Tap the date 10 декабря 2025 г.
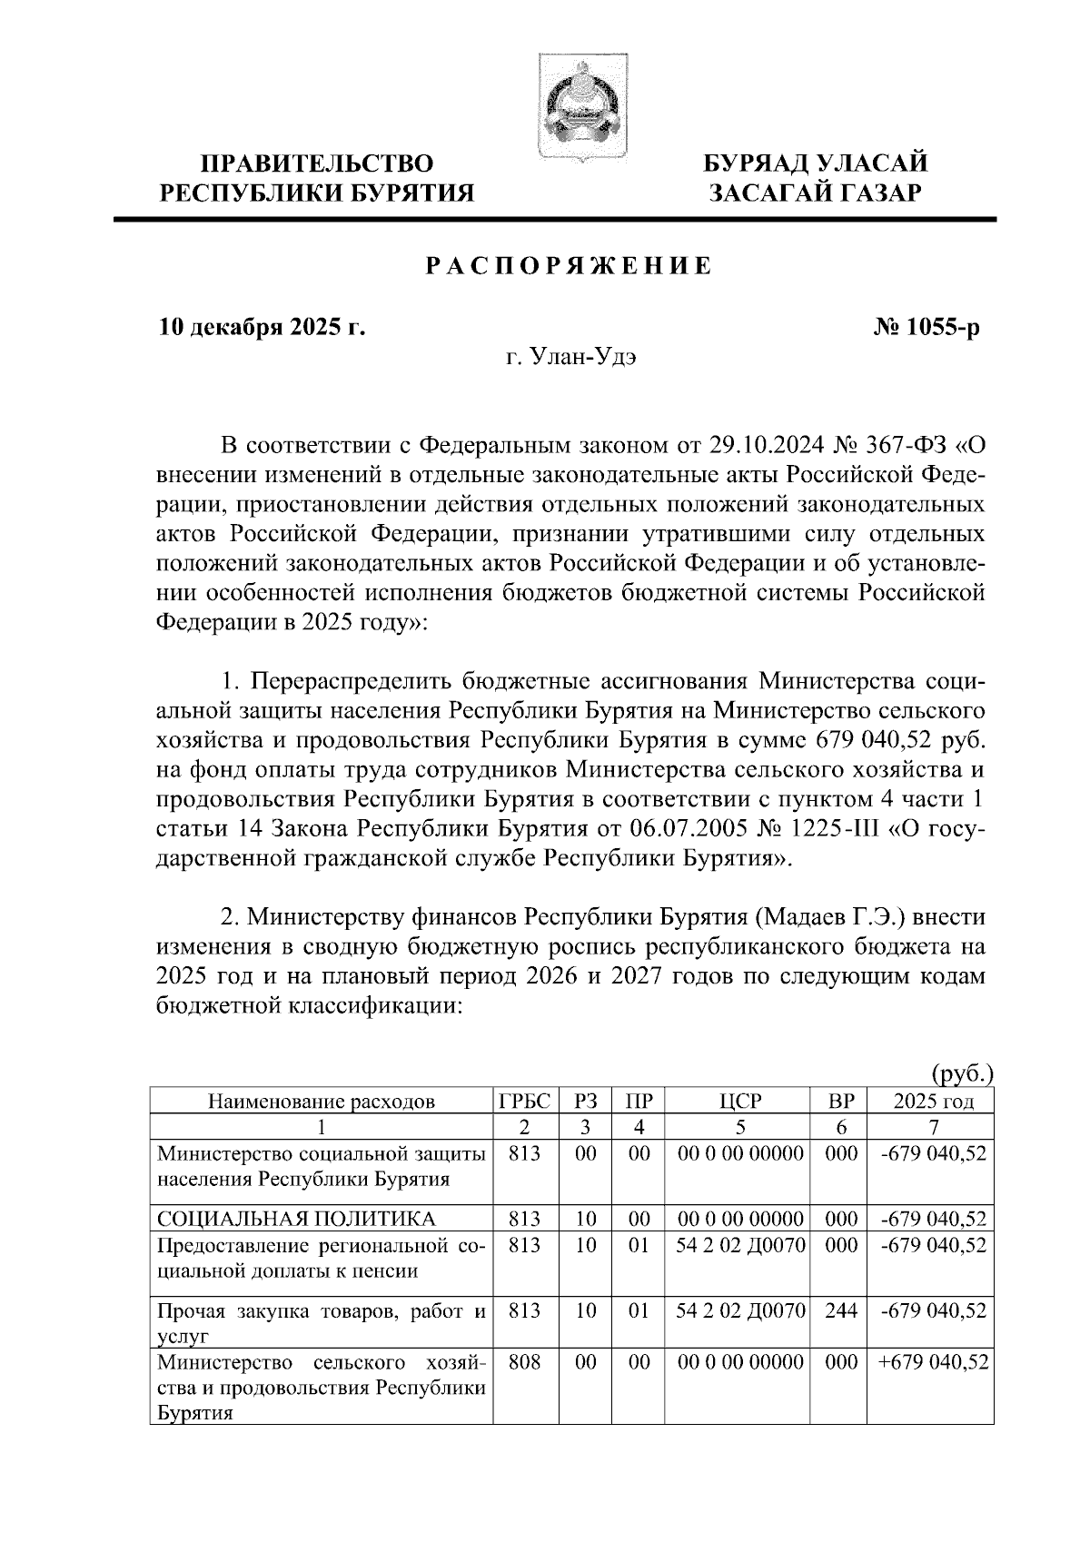263,327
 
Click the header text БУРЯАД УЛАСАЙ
816,163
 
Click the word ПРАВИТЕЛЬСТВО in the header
317,163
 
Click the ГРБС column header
525,1102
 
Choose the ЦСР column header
740,1102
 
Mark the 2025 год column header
933,1102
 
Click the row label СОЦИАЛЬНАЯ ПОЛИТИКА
296,1218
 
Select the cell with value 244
841,1310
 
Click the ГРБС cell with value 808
525,1362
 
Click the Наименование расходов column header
322,1102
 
